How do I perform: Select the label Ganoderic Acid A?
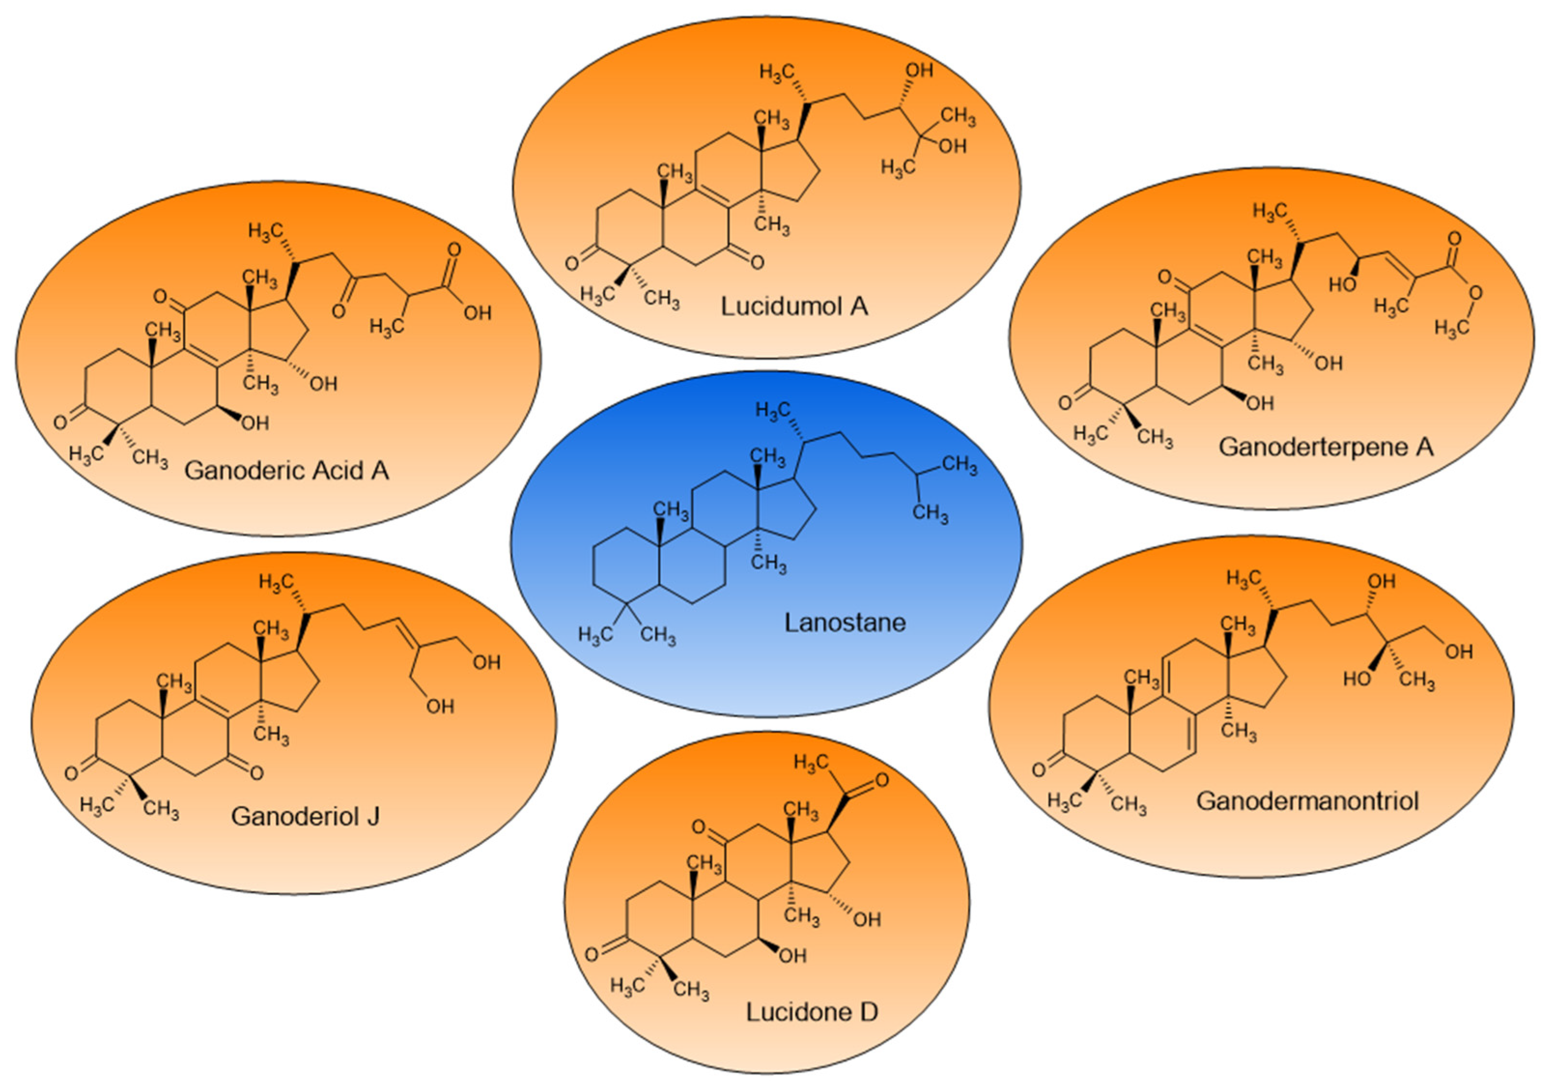(286, 470)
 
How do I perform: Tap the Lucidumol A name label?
(794, 306)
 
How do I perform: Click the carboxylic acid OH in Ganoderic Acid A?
(478, 313)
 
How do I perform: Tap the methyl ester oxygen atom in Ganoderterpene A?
(1475, 293)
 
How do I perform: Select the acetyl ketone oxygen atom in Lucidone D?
(881, 780)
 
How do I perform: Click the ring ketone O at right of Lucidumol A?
(757, 262)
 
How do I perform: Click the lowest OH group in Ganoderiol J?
(439, 706)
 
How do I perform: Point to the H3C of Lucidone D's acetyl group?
(812, 763)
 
